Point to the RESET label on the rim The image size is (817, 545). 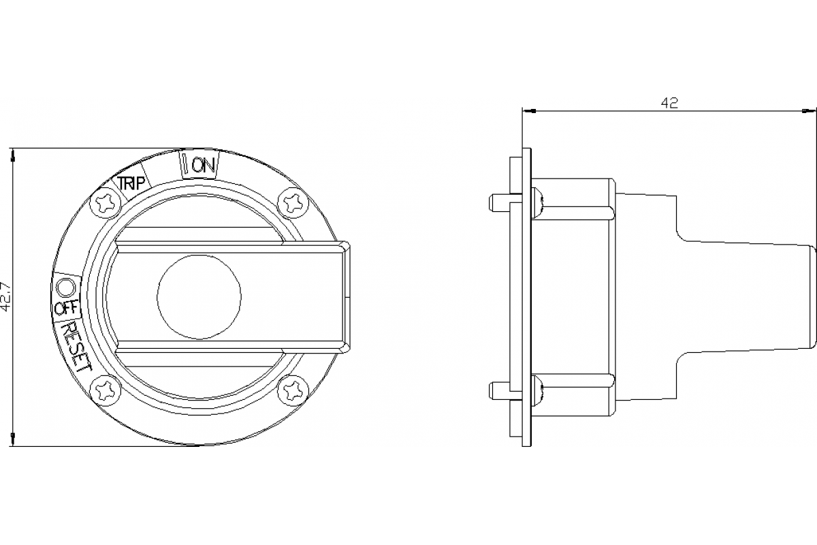click(76, 346)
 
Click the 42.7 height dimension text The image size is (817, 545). click(6, 297)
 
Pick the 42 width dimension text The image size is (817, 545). click(669, 103)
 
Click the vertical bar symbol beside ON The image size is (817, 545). click(186, 164)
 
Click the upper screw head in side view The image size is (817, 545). click(538, 202)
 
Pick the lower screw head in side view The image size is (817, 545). click(538, 390)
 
